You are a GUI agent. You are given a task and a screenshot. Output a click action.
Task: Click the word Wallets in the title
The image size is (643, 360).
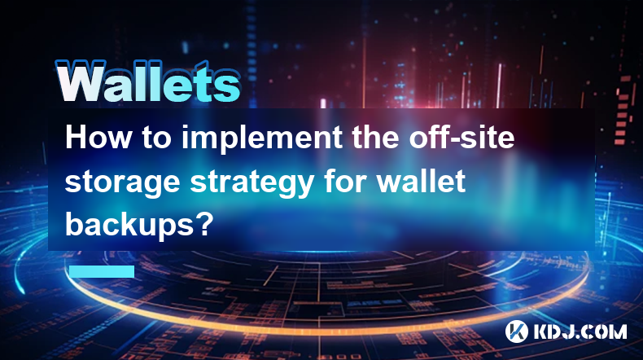pos(147,81)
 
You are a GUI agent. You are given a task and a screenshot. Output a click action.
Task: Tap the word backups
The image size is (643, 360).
pos(127,224)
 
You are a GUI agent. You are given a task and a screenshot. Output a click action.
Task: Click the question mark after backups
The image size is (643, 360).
pos(203,223)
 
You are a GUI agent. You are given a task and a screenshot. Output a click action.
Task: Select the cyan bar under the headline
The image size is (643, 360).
pos(102,271)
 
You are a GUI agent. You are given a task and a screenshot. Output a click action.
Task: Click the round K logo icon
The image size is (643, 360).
pos(516,331)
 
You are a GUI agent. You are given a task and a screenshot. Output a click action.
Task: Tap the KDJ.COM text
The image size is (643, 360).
pos(580,331)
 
